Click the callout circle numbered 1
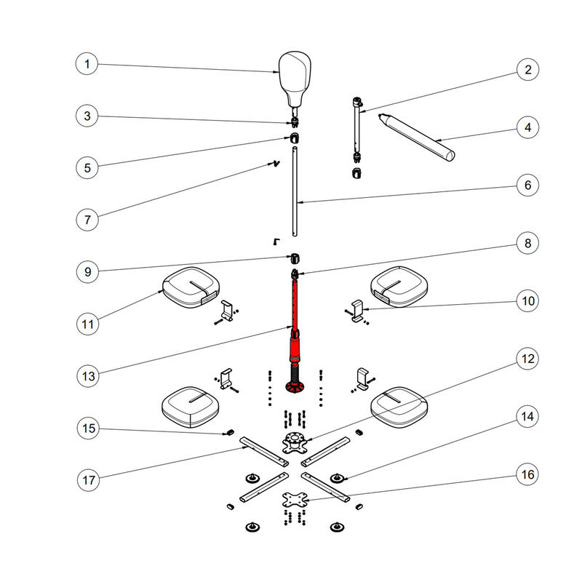tap(87, 64)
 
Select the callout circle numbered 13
tap(88, 376)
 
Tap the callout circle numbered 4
tap(527, 127)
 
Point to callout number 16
tap(527, 474)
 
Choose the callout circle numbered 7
tap(87, 220)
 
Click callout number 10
tap(527, 300)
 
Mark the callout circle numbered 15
tap(88, 428)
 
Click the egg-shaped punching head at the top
tap(295, 79)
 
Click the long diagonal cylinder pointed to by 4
tap(416, 137)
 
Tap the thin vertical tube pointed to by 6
tap(295, 191)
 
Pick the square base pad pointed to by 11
tap(191, 287)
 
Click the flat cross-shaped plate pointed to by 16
tap(295, 500)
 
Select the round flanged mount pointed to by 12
tap(295, 442)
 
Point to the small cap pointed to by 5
tap(295, 138)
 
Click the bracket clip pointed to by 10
tap(357, 311)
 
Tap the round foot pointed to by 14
tap(337, 478)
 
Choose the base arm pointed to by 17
tap(264, 452)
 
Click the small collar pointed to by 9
tap(295, 258)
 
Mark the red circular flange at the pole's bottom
tap(295, 388)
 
